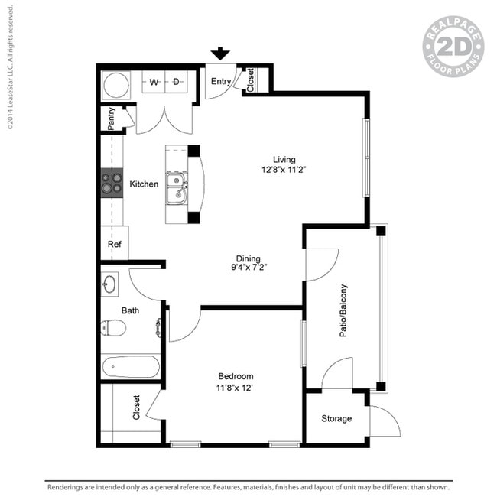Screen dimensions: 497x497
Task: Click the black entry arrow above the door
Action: (220, 54)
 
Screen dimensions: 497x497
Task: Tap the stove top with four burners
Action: (112, 183)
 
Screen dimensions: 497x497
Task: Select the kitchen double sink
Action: (177, 189)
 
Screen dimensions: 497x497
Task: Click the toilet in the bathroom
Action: (113, 328)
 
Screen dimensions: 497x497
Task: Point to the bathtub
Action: (131, 367)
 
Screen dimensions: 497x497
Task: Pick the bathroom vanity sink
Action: (109, 284)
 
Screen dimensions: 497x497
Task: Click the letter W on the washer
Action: (154, 82)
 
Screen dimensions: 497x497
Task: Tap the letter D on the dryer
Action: (176, 82)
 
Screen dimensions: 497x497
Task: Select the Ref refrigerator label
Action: (115, 244)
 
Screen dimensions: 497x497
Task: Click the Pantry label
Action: (111, 119)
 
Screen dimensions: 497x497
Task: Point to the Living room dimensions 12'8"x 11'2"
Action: (284, 170)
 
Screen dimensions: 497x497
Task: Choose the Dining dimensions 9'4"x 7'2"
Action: (248, 267)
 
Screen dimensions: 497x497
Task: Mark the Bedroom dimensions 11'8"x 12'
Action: (234, 388)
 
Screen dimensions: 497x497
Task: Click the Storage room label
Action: (336, 419)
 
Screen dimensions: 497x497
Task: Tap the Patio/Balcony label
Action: (343, 310)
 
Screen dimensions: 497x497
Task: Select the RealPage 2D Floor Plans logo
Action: (453, 47)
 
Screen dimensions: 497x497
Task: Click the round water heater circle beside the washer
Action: (116, 85)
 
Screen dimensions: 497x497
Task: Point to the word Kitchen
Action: (144, 184)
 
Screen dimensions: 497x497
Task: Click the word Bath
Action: (130, 310)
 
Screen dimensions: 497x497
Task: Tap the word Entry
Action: (221, 82)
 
